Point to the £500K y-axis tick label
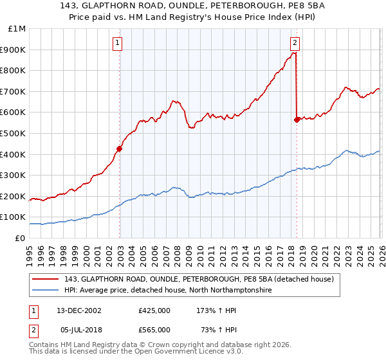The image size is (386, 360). pos(14,134)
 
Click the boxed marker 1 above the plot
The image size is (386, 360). pos(118,43)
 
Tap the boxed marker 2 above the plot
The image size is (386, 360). pos(295,43)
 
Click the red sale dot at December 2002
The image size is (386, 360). pos(119,148)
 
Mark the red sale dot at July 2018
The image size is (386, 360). pos(297,120)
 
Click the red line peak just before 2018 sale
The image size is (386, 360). pos(294,53)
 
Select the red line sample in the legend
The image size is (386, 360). pos(46,279)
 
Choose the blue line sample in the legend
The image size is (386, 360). pos(46,290)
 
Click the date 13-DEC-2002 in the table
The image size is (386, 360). pos(80,310)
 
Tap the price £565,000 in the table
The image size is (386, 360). pos(154,329)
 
